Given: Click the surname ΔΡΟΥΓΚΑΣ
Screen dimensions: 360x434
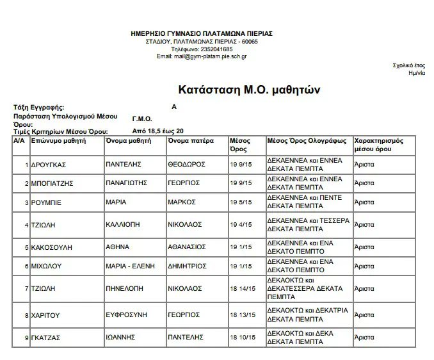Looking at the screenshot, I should (x=49, y=165).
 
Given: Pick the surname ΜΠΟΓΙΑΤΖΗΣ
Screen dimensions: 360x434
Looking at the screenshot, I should (x=54, y=183).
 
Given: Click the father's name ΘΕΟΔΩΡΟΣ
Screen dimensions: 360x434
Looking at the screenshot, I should (x=186, y=165).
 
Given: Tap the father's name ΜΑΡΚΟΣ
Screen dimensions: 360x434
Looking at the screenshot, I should (x=181, y=202).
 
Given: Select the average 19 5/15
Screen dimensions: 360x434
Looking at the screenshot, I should (x=241, y=202).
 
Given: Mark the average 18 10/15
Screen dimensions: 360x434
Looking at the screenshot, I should (x=243, y=337).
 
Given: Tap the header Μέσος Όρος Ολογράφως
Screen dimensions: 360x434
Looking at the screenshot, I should (x=307, y=140).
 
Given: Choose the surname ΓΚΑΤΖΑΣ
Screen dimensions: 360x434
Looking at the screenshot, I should (x=47, y=337).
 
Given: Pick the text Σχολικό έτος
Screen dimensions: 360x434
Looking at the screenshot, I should (x=408, y=65).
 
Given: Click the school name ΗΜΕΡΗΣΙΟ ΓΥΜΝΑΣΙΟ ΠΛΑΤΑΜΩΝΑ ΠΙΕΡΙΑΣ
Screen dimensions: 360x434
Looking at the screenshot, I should (x=201, y=33).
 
